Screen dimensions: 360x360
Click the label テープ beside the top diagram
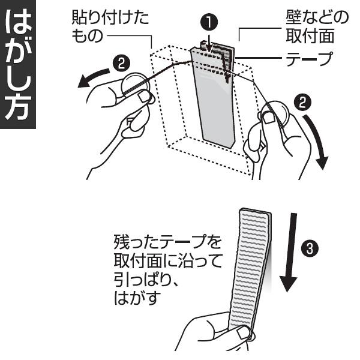307,58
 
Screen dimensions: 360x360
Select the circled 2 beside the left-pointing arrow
119,61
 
